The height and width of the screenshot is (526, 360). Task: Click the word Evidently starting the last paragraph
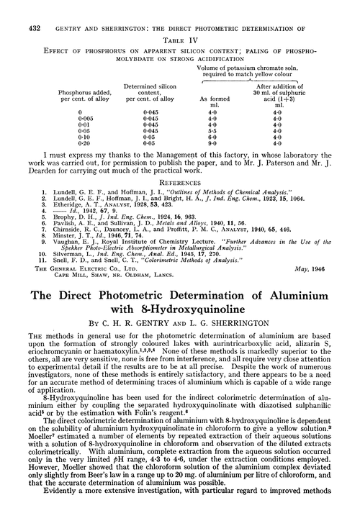(x=42, y=515)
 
